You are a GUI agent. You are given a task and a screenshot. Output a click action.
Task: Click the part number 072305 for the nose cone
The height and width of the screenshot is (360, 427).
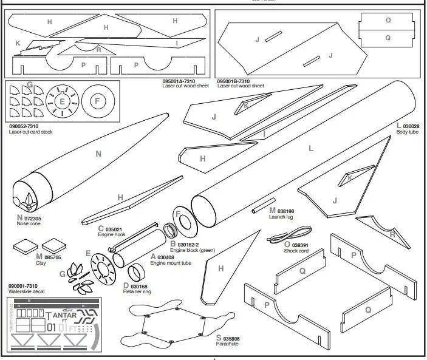33,218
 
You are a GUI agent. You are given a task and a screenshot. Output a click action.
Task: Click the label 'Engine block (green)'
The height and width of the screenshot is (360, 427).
193,250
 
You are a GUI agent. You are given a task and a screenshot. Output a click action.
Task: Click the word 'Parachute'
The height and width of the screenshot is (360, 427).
227,343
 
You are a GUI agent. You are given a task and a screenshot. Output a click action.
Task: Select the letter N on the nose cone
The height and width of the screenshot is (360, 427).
99,154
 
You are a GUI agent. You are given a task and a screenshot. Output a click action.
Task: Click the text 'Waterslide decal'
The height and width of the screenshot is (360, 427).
28,291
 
